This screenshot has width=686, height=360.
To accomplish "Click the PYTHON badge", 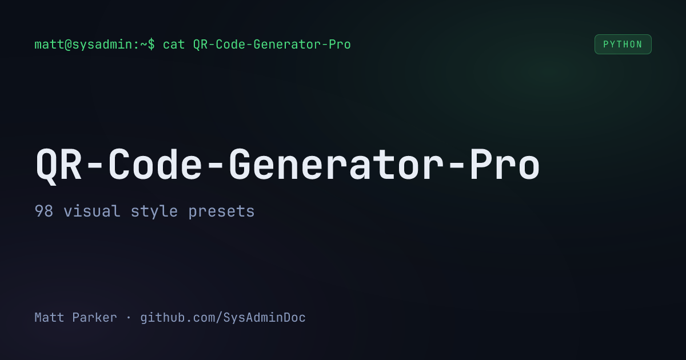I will (623, 45).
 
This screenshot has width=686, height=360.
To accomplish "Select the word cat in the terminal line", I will (174, 45).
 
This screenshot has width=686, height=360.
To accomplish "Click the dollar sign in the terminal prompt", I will (151, 45).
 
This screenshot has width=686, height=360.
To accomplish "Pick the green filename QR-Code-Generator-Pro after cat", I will (272, 45).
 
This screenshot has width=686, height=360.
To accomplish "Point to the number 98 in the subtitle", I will (43, 211).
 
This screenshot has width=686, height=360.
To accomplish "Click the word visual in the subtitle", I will (91, 211).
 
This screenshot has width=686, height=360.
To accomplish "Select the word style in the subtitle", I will (154, 211).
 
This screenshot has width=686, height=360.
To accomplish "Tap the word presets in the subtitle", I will (221, 211).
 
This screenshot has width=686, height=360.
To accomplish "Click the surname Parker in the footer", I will (94, 318).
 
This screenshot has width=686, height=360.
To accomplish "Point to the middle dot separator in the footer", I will (129, 318).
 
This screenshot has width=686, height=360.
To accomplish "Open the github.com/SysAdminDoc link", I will (223, 318).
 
